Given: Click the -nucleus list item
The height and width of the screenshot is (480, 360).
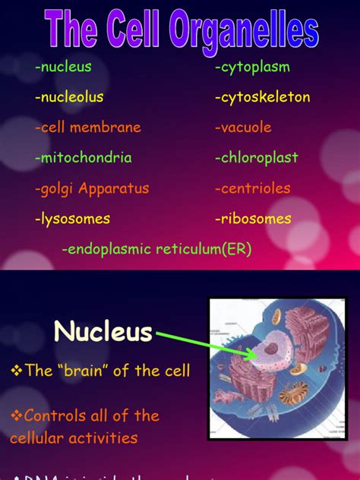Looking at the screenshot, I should tap(63, 67).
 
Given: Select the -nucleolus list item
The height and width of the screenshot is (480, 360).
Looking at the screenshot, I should tap(69, 97).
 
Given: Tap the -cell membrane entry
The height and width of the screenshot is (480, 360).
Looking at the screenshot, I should tap(88, 128).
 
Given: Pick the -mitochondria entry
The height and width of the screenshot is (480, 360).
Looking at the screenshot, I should tap(84, 158).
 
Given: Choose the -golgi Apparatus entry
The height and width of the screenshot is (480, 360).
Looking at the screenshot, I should tap(92, 188).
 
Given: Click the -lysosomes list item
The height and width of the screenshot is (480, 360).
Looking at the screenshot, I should tap(72, 219).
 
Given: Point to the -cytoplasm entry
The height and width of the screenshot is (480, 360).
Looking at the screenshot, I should tap(252, 68).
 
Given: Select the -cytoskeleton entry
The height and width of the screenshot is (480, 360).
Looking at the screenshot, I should tap(262, 98).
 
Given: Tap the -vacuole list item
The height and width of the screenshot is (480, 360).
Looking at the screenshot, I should tap(243, 128).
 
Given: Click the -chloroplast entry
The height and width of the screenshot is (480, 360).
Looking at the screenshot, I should tap(256, 158).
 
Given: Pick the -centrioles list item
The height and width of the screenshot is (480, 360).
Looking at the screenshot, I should tap(252, 188).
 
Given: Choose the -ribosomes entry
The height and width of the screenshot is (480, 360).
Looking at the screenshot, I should tap(253, 219).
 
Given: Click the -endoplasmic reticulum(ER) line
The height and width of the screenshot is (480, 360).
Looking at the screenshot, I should tap(156, 249).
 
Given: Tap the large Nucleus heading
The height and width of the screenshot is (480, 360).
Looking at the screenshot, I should tap(103, 332).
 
